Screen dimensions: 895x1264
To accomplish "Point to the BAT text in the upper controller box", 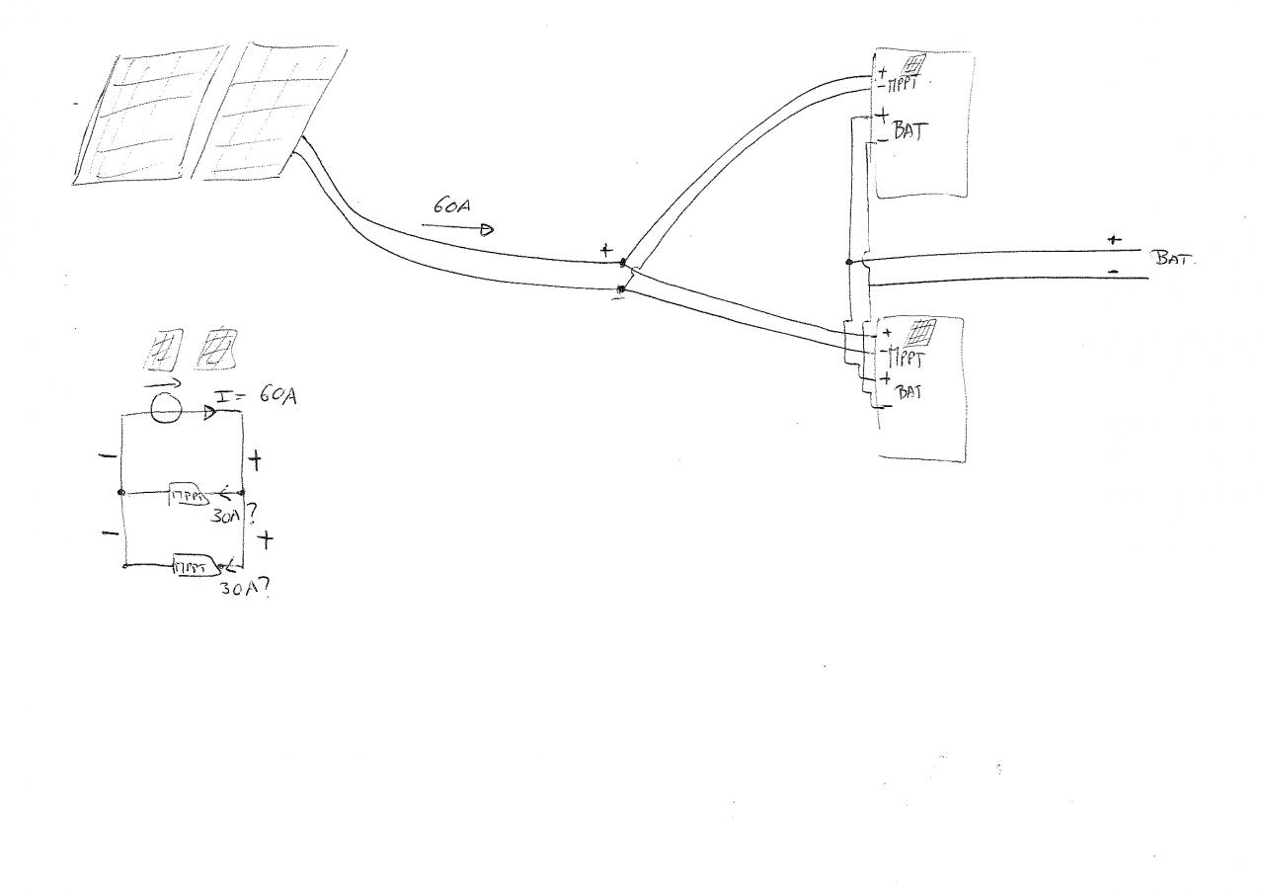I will [x=909, y=131].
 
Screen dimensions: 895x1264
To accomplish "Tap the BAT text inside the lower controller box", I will [x=909, y=391].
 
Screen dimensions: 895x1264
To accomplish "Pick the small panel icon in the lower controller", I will [x=919, y=330].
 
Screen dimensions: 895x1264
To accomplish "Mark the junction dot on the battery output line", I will [x=849, y=262].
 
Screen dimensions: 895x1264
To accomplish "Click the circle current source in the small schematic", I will [x=166, y=407].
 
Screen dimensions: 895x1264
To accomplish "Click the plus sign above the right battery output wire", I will [x=1115, y=240].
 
